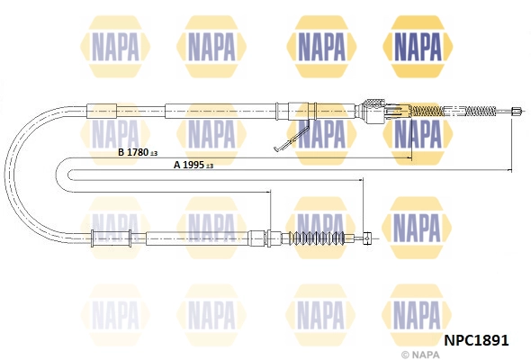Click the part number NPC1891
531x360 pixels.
click(x=476, y=340)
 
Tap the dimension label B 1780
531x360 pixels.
click(x=133, y=152)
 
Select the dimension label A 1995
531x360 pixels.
click(x=189, y=165)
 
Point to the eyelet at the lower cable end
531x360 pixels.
click(x=368, y=238)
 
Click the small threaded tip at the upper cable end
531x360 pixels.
click(x=516, y=111)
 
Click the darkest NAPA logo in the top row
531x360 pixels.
click(x=418, y=47)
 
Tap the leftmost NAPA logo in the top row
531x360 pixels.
click(x=115, y=47)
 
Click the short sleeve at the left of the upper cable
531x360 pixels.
click(x=102, y=111)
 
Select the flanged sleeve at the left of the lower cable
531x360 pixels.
click(x=112, y=238)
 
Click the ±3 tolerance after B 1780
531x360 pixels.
click(x=154, y=154)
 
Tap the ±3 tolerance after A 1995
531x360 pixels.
click(x=210, y=166)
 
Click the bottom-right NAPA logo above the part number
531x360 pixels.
click(x=417, y=315)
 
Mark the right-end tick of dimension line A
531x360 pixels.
click(x=511, y=170)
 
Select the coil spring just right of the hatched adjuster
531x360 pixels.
click(x=428, y=111)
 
